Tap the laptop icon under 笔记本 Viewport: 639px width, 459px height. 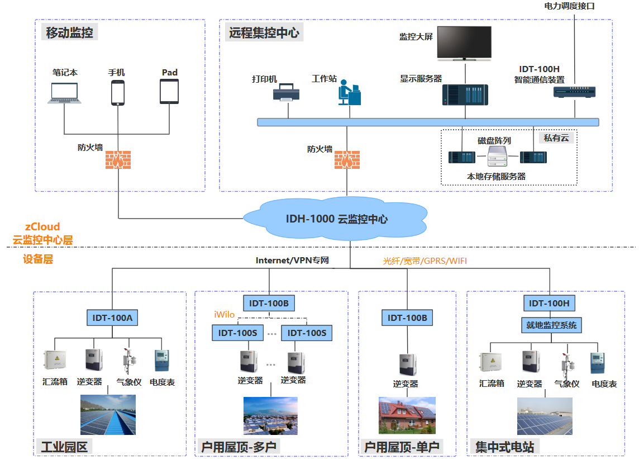(x=65, y=93)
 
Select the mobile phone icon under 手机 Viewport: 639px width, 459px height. (x=117, y=92)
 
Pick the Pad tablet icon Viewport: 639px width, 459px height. (x=169, y=91)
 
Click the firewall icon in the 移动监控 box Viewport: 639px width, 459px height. (x=119, y=159)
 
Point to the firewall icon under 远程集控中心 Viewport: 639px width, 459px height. (x=347, y=159)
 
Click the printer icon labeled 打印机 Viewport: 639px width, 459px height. (x=283, y=92)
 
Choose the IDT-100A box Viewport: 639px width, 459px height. (x=112, y=318)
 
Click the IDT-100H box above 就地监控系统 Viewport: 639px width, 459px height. (x=549, y=304)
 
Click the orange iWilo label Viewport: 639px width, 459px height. (x=224, y=315)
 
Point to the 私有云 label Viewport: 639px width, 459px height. (x=557, y=137)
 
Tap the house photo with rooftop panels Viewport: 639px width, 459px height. (x=407, y=415)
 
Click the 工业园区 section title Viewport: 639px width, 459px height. (x=64, y=447)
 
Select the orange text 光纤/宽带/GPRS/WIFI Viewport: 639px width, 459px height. (x=425, y=261)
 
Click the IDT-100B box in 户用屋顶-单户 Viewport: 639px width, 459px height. (x=407, y=318)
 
